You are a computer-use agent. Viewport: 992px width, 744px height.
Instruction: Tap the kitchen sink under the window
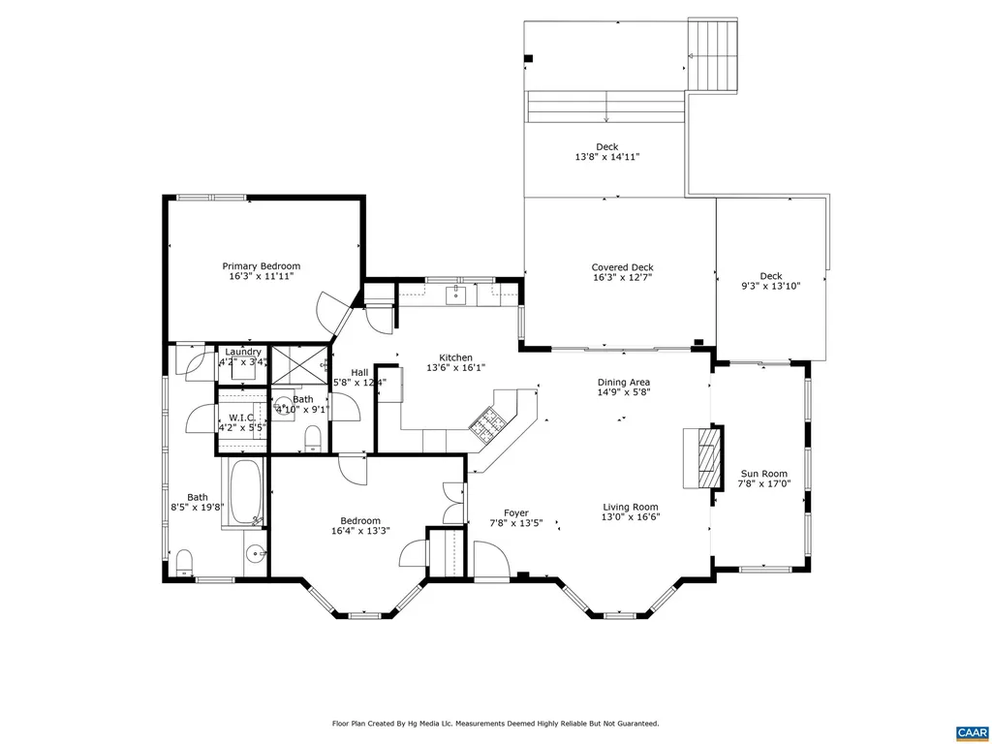coord(456,294)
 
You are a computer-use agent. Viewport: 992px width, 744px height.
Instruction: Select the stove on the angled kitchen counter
coord(486,419)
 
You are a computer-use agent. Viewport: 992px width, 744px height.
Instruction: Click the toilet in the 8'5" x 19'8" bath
coord(183,561)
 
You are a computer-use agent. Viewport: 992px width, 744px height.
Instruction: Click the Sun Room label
coord(764,474)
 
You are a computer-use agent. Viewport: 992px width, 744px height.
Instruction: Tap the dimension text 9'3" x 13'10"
coord(770,286)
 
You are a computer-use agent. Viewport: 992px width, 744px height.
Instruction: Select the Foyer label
coord(515,512)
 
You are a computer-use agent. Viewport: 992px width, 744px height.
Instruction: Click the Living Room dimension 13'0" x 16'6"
coord(631,517)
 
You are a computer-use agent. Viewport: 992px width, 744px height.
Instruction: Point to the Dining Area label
coord(623,382)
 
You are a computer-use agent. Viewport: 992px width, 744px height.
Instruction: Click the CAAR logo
coord(970,731)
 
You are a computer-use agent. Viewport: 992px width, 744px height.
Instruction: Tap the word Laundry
coord(243,352)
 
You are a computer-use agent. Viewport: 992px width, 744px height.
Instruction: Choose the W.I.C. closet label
coord(241,418)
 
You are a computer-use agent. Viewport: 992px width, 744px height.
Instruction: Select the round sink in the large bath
coord(255,554)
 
